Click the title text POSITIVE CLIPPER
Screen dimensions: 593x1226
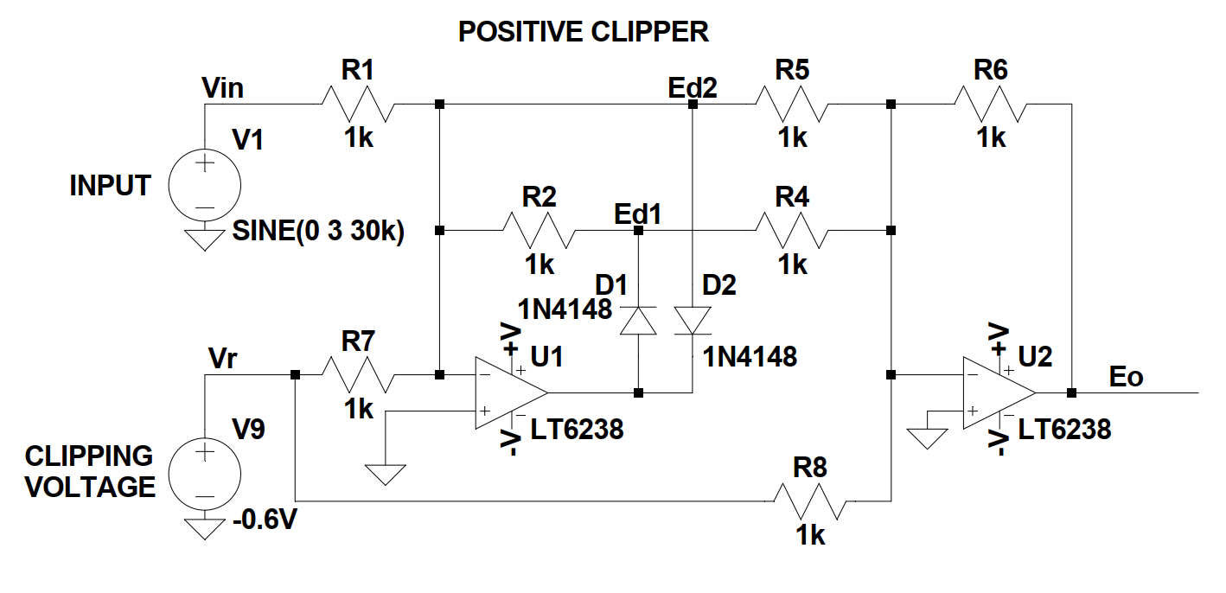click(x=583, y=32)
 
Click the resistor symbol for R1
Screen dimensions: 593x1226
click(x=358, y=105)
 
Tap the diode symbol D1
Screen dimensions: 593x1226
click(x=638, y=321)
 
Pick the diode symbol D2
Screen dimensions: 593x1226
click(x=693, y=321)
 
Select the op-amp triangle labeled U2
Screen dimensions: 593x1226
click(x=998, y=392)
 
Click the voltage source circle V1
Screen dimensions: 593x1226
click(x=205, y=185)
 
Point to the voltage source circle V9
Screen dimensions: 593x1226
click(x=205, y=473)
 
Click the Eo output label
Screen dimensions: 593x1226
click(x=1127, y=377)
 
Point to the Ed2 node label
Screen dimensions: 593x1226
click(x=693, y=87)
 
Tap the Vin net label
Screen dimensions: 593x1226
click(x=222, y=87)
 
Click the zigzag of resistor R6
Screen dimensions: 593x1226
click(x=991, y=105)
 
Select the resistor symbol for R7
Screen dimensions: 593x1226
click(x=358, y=375)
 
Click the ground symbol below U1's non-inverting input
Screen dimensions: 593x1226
click(x=385, y=474)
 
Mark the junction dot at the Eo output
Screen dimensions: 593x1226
click(x=1071, y=392)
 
